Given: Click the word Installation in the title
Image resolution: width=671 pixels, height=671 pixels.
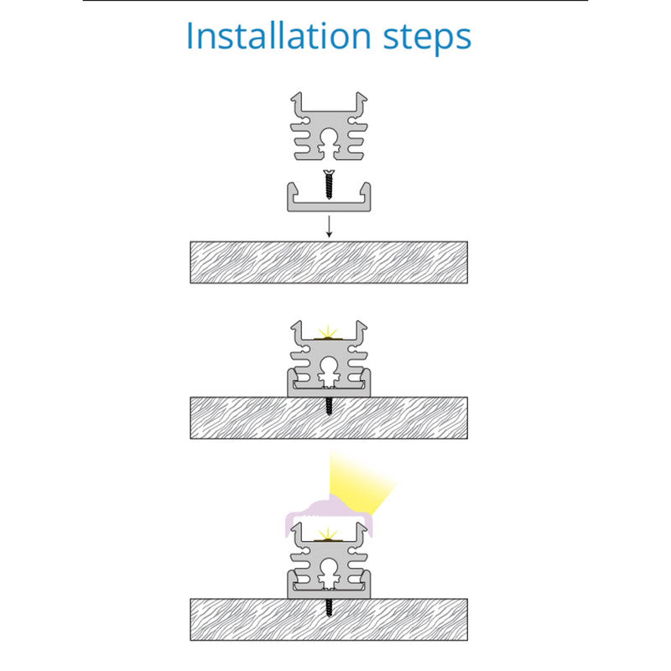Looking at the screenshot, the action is tap(278, 36).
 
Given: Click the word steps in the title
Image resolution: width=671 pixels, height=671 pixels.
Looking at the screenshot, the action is tap(427, 39).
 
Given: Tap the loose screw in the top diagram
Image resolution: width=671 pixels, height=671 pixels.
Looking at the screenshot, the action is tap(329, 185).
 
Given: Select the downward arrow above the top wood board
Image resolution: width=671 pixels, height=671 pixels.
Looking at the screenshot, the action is tap(329, 226).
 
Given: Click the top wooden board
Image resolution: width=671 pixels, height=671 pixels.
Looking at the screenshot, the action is tap(329, 263).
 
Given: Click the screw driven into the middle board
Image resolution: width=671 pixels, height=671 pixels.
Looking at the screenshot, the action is tap(329, 406).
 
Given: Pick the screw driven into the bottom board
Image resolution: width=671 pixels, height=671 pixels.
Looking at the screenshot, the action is tap(329, 607).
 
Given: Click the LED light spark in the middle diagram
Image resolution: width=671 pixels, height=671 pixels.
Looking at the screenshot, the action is tap(328, 332).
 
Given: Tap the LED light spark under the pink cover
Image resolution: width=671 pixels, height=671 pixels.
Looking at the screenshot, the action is tap(328, 534).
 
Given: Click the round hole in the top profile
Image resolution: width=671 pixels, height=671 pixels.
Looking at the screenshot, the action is tap(328, 138).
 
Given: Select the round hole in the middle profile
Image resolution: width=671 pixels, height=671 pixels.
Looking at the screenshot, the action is tap(328, 366).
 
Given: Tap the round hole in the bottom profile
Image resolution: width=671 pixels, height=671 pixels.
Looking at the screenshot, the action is tap(328, 568).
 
